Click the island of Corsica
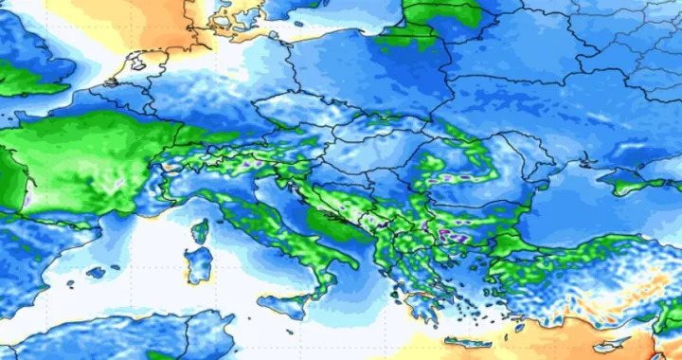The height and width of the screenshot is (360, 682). (200, 231)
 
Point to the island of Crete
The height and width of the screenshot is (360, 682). (468, 342)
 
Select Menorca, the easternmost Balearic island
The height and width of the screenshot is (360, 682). (117, 264)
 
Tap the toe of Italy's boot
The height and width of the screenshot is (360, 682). (325, 285)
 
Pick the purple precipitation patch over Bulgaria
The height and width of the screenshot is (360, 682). (453, 233)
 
